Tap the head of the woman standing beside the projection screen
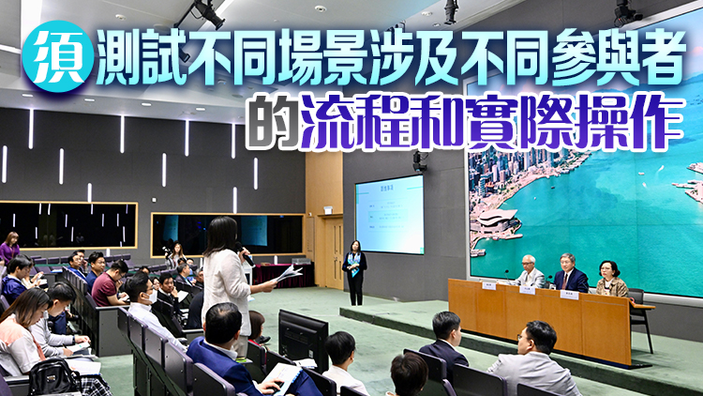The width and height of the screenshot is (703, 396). (x=356, y=246)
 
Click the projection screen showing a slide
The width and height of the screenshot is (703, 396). (x=389, y=214)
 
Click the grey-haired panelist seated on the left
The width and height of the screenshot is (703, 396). (x=529, y=273)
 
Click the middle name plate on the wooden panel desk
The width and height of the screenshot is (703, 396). (x=528, y=290)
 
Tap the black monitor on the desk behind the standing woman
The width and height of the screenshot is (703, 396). (x=303, y=337)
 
